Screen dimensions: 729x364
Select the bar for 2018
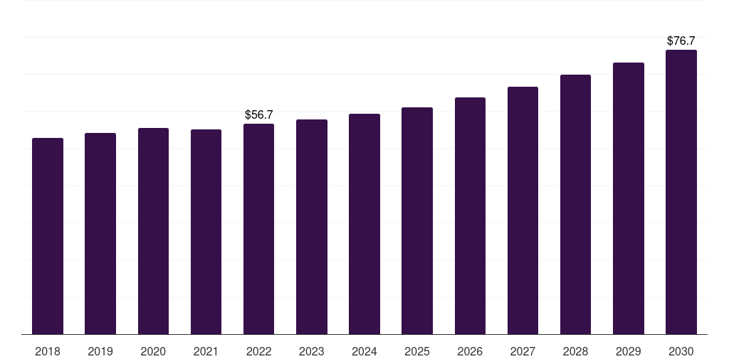click(48, 236)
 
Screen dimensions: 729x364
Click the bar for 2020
click(153, 231)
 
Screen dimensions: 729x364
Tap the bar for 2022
click(258, 229)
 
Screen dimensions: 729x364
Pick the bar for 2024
click(364, 224)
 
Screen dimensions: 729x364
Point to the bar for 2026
click(470, 216)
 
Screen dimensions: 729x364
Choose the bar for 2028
click(575, 204)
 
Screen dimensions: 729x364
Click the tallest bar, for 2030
click(681, 192)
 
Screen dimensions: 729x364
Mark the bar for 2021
click(206, 232)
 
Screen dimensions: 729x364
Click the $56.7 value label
click(259, 114)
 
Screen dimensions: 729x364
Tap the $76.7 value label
click(681, 41)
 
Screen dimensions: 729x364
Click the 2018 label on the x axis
click(48, 351)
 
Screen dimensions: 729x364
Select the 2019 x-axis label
click(100, 351)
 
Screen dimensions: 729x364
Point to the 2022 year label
click(258, 351)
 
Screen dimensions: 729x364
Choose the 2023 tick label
click(312, 351)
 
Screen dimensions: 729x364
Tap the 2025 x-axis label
click(417, 351)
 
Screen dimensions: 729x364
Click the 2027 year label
click(523, 351)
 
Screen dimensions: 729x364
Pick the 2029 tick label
click(629, 351)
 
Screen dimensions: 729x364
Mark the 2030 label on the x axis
click(681, 351)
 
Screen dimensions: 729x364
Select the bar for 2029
click(629, 198)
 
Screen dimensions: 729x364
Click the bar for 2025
click(417, 220)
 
